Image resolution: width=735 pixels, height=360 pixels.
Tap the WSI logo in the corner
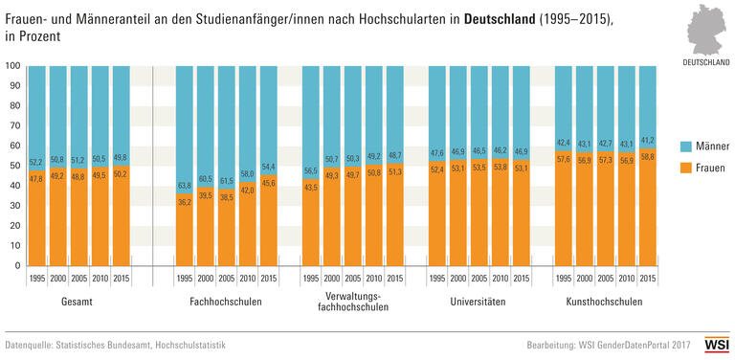coord(716,343)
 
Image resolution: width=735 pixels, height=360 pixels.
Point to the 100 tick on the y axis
coord(12,66)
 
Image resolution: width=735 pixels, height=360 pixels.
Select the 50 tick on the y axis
coord(14,166)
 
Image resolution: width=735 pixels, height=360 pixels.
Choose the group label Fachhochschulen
coord(227,301)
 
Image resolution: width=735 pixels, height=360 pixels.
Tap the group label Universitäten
coord(479,301)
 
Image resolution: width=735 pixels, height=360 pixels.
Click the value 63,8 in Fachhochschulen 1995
coord(185,186)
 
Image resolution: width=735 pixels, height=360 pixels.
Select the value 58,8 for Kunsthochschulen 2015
coord(648,155)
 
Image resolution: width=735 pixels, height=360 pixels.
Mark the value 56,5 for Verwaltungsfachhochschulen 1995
coord(311,171)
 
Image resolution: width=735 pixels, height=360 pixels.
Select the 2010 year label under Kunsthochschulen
coord(627,279)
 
